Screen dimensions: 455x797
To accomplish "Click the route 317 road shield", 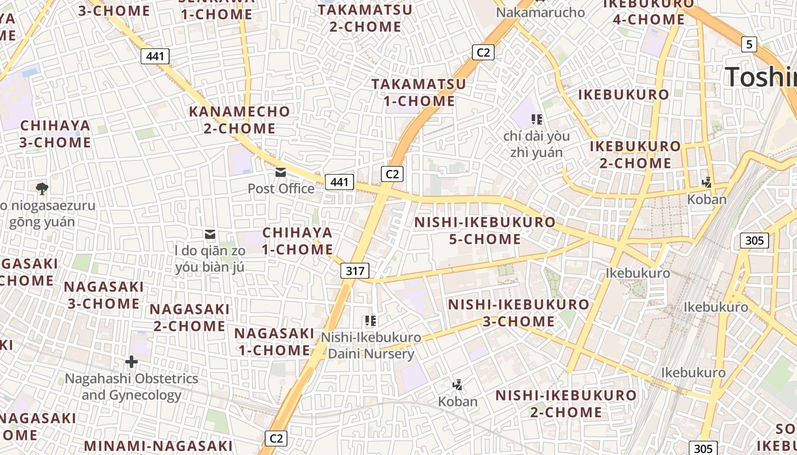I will pyautogui.click(x=355, y=271).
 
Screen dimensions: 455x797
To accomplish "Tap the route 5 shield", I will pyautogui.click(x=749, y=44).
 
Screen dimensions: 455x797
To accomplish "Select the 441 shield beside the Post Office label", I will pyautogui.click(x=339, y=182).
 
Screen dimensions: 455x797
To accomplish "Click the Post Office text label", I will pyautogui.click(x=281, y=188).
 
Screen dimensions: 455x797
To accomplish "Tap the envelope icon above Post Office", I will pyautogui.click(x=281, y=172).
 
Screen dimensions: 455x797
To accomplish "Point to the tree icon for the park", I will pyautogui.click(x=42, y=188).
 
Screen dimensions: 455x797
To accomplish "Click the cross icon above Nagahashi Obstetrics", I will pyautogui.click(x=132, y=362).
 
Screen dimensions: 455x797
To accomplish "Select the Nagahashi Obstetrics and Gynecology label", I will pyautogui.click(x=132, y=387).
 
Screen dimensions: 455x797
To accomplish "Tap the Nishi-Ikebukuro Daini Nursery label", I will pyautogui.click(x=371, y=345).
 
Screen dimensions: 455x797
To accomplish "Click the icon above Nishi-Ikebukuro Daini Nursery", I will pyautogui.click(x=371, y=321).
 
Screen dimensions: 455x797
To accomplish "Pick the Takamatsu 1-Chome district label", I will pyautogui.click(x=419, y=93).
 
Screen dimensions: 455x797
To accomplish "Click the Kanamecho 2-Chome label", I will pyautogui.click(x=240, y=120).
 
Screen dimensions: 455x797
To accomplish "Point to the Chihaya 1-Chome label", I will pyautogui.click(x=298, y=241).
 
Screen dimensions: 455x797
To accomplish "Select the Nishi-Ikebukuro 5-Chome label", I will pyautogui.click(x=485, y=230).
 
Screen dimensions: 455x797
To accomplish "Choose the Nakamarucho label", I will pyautogui.click(x=540, y=13).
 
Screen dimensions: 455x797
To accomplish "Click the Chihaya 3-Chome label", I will pyautogui.click(x=55, y=134).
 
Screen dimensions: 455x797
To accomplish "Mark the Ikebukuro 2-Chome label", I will pyautogui.click(x=635, y=155).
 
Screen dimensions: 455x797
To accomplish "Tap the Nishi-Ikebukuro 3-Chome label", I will pyautogui.click(x=519, y=313).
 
